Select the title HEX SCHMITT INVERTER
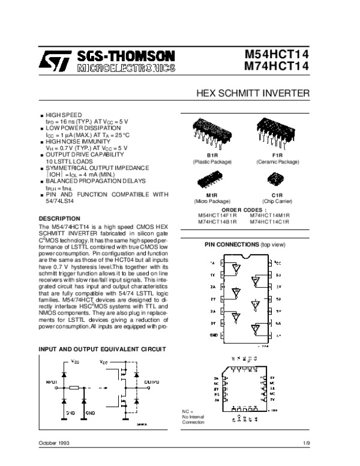tap(253, 94)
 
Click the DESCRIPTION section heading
tap(59, 217)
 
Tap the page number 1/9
tap(306, 443)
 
